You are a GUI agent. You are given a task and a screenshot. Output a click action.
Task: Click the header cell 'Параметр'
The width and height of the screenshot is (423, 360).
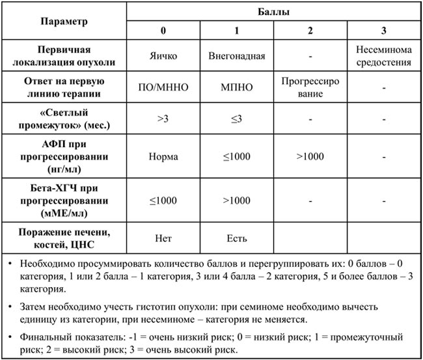pos(64,21)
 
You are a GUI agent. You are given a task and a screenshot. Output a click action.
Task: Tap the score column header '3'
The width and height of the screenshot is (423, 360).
pos(383,31)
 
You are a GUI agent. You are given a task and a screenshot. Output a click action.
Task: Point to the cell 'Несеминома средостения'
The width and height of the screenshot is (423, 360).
pos(383,57)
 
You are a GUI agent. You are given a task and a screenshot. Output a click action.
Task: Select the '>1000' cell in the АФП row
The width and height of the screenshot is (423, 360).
pos(310,157)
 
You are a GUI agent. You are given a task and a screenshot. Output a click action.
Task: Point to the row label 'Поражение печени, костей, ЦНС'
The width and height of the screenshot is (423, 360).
pos(64,237)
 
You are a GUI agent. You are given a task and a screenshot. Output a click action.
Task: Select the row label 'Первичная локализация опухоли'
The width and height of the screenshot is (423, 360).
pos(64,57)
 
